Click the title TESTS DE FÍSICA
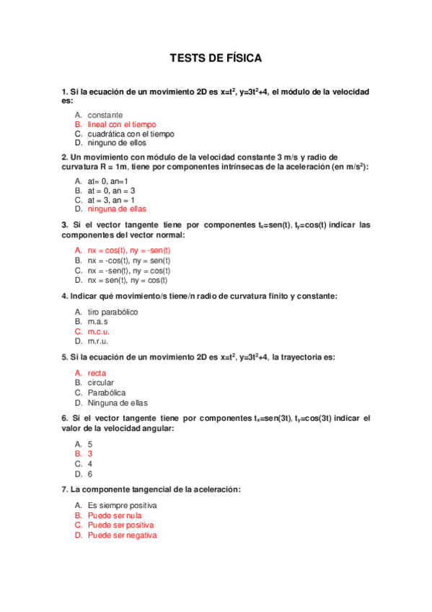pos(216,58)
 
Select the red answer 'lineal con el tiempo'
pos(121,125)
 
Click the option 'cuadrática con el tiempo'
pos(131,134)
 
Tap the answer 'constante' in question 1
pos(105,115)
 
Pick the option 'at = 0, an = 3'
pos(111,191)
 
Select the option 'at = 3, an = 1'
pos(111,200)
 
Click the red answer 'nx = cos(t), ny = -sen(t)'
pos(129,250)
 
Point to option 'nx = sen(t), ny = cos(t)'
pos(128,280)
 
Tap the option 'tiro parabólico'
pos(113,312)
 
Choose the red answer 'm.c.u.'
pos(99,332)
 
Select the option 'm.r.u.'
pos(98,341)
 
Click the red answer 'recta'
pos(97,373)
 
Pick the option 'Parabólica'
pos(107,393)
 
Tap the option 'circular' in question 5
pos(101,382)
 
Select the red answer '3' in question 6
pos(89,455)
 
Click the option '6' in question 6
pos(89,474)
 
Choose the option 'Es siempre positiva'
pos(122,507)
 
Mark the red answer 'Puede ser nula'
pos(115,516)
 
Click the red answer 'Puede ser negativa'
pos(122,535)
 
